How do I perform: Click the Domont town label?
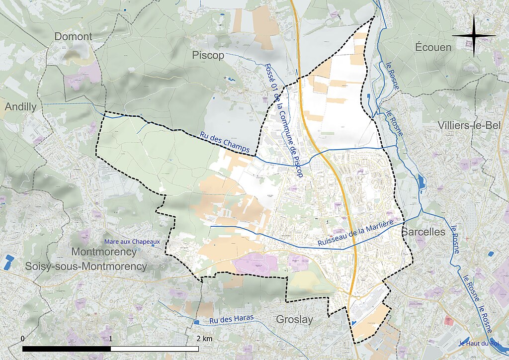[73, 36]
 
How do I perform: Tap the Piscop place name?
[208, 55]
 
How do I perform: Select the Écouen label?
[432, 48]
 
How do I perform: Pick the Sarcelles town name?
[423, 232]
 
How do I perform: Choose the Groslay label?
[294, 319]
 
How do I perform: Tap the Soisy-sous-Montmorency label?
[86, 267]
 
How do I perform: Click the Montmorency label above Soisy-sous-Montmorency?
[103, 252]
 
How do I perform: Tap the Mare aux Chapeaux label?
[132, 242]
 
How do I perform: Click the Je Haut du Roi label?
[478, 343]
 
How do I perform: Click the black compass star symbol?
[474, 35]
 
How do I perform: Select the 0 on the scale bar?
[23, 339]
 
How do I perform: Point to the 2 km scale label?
[204, 339]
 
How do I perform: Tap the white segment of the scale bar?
[155, 349]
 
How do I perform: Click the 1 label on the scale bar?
[111, 339]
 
